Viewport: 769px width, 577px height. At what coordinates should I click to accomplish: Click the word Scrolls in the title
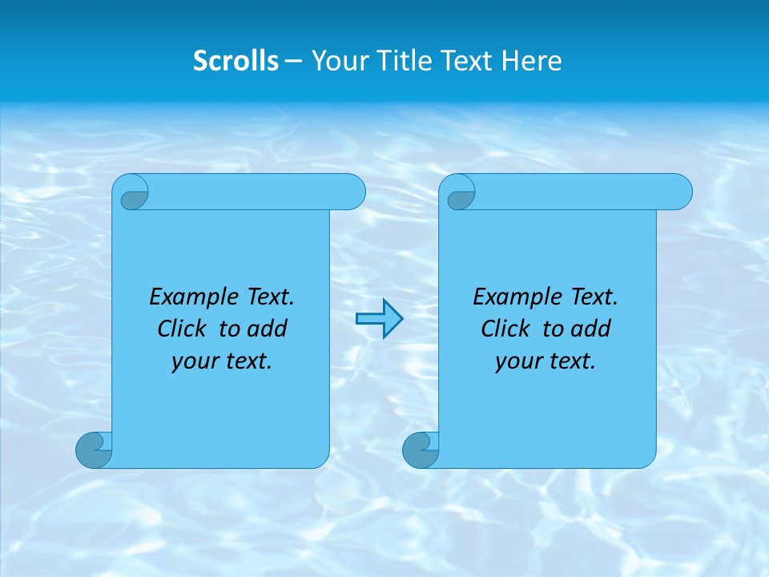(x=236, y=61)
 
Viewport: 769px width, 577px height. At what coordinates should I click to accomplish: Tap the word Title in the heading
(x=404, y=61)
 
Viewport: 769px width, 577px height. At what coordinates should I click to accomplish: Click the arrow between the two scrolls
(x=379, y=319)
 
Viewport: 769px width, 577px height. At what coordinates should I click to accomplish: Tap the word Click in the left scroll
(x=183, y=329)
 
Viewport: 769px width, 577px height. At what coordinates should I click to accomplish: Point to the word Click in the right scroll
(x=506, y=329)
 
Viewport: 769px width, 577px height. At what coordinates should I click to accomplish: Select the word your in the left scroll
(x=192, y=361)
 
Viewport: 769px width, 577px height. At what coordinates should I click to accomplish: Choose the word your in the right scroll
(x=516, y=361)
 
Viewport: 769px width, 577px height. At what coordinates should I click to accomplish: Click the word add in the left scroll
(x=268, y=329)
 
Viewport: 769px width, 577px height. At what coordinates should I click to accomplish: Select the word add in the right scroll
(x=591, y=329)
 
